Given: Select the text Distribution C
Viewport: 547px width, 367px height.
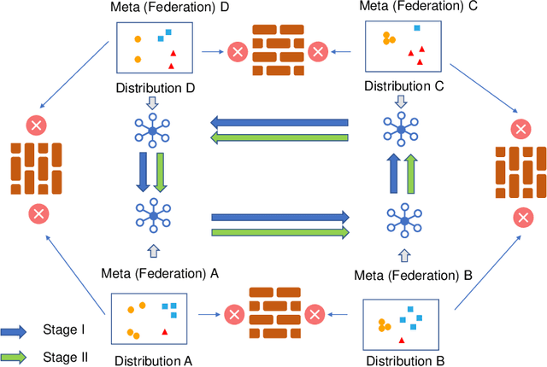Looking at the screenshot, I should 403,86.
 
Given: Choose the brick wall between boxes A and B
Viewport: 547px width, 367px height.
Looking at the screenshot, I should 274,313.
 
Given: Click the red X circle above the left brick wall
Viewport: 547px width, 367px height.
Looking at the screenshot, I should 36,126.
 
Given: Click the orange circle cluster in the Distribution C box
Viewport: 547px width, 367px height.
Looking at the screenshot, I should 388,38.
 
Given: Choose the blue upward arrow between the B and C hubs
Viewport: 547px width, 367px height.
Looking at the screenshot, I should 393,177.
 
